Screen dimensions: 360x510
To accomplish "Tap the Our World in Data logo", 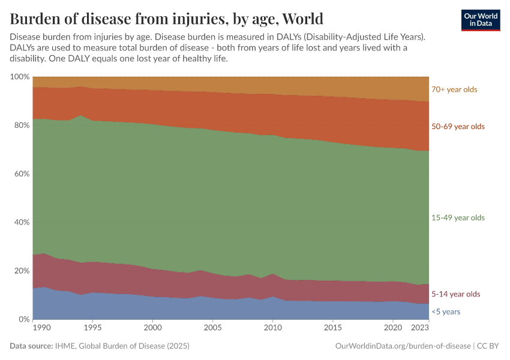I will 480,20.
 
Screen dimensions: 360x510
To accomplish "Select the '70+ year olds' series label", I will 454,89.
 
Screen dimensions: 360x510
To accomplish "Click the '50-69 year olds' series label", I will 458,127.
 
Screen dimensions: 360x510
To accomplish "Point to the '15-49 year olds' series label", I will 458,218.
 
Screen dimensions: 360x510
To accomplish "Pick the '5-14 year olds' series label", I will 456,294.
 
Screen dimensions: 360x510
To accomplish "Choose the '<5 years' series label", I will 446,312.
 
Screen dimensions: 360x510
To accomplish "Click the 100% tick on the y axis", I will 20,77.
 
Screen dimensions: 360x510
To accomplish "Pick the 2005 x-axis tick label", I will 213,329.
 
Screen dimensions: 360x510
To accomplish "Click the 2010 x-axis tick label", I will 273,329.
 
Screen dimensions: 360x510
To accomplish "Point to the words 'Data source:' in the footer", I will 31,346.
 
